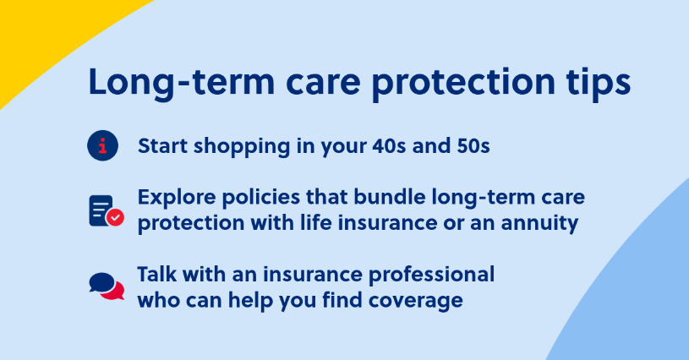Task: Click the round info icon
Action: (x=103, y=145)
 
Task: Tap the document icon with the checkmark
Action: (x=107, y=211)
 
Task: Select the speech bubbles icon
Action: (x=107, y=286)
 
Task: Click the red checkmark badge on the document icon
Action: (x=116, y=217)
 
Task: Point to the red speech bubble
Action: (x=114, y=292)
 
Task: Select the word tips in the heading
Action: (x=599, y=84)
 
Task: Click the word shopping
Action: (x=242, y=147)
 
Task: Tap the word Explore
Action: (x=177, y=198)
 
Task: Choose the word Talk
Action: (x=157, y=275)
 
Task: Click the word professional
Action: (x=431, y=275)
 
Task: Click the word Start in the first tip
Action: (x=162, y=145)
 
